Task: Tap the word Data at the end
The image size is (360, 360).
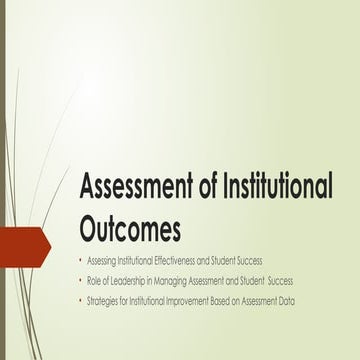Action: point(298,300)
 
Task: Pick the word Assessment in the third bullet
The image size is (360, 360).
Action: point(266,300)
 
